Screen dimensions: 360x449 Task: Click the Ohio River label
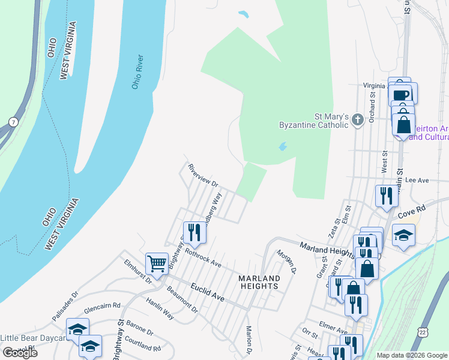click(x=137, y=73)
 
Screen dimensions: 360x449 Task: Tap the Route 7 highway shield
click(x=13, y=122)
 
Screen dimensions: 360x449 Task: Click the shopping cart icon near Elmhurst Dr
click(x=157, y=263)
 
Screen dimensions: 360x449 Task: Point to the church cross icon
click(x=357, y=120)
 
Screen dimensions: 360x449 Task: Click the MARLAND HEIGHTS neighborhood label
click(x=259, y=282)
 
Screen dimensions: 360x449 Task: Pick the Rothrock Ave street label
click(x=203, y=259)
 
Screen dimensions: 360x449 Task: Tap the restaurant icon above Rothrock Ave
click(x=194, y=231)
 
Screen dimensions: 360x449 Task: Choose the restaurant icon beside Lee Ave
click(x=385, y=196)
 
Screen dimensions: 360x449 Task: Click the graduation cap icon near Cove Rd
click(x=403, y=235)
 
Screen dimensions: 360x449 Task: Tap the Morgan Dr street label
click(x=287, y=261)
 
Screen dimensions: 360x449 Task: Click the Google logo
click(x=20, y=353)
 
